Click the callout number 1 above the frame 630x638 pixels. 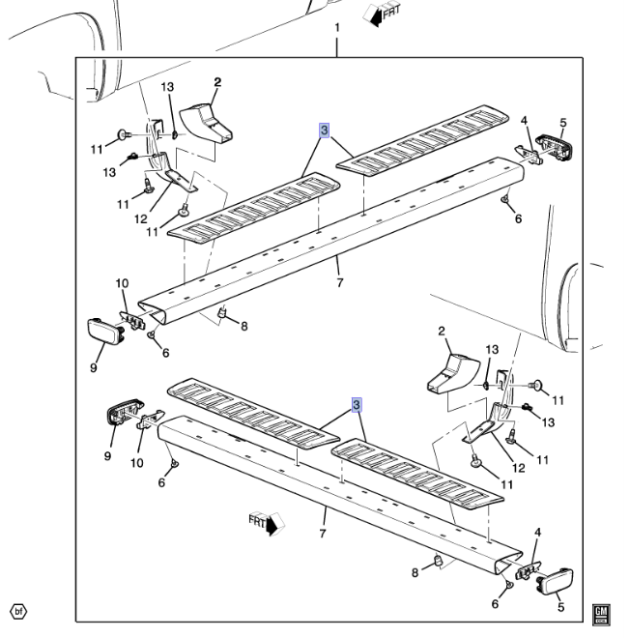coord(337,28)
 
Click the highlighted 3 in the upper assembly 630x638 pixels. coord(325,130)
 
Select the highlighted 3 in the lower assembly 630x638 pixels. coord(358,404)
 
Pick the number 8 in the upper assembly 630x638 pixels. coord(243,327)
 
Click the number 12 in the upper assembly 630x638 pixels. coord(141,218)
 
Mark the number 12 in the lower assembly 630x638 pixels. coord(519,467)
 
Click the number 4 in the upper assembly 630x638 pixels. coord(524,121)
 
